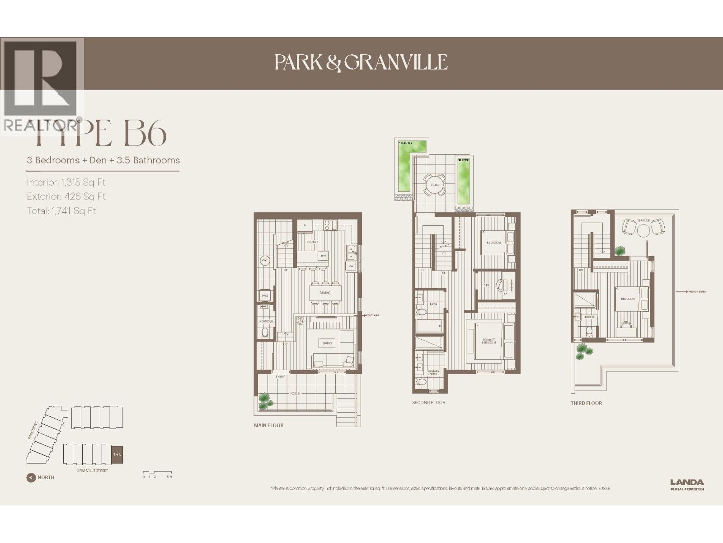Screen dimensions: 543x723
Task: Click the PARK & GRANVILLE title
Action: point(361,62)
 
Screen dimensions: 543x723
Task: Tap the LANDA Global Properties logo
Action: point(687,485)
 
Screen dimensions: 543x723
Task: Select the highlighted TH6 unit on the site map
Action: point(117,455)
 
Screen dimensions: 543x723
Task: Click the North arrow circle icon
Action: point(31,477)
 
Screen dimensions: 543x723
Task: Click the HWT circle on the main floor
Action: point(265,260)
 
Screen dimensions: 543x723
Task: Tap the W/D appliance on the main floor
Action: point(265,296)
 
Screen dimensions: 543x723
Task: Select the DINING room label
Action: point(325,293)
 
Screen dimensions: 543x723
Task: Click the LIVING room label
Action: point(327,343)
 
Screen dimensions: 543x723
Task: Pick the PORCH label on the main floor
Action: point(295,394)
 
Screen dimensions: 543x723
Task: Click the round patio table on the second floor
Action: point(435,185)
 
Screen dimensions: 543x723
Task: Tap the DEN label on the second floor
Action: point(486,286)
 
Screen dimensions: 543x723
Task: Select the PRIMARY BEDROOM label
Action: point(488,341)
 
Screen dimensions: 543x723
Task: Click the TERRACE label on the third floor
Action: point(643,221)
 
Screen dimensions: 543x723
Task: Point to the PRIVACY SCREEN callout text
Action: point(698,292)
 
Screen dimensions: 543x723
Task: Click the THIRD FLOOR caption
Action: point(586,403)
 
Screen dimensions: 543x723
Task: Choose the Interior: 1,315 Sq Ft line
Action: point(66,182)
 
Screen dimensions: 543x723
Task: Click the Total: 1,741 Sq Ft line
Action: point(61,210)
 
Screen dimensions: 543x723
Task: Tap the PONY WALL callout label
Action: point(373,315)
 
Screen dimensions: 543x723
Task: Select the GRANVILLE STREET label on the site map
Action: point(92,471)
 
